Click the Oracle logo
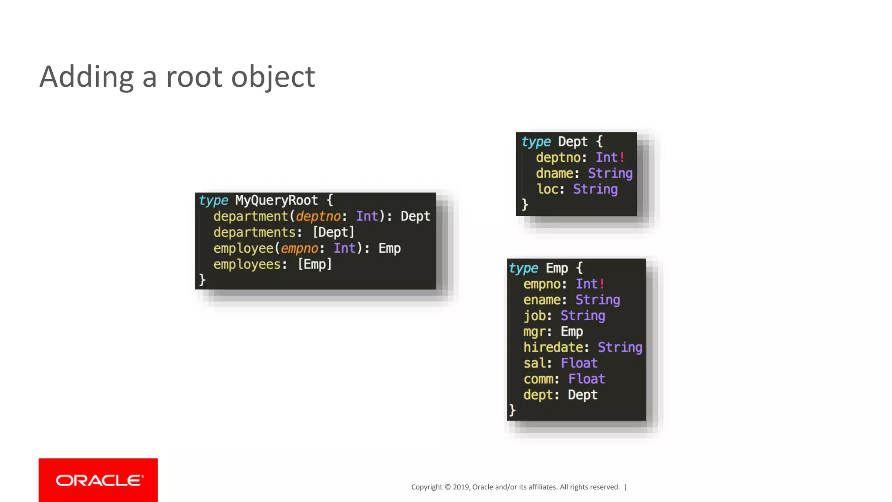pos(98,480)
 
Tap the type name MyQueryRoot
pos(276,200)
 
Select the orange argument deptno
pos(318,217)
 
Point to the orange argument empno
pos(300,248)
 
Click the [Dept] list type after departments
pos(334,232)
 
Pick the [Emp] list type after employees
pos(315,265)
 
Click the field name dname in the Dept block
pos(554,173)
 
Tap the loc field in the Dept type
pos(547,189)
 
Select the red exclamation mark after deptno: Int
pos(622,157)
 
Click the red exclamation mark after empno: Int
pos(602,284)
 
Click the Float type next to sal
pos(579,363)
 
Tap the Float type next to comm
pos(587,379)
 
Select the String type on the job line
pos(583,316)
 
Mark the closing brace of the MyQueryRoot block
pos(202,280)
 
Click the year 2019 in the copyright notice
pos(461,487)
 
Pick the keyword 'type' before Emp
pos(524,268)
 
